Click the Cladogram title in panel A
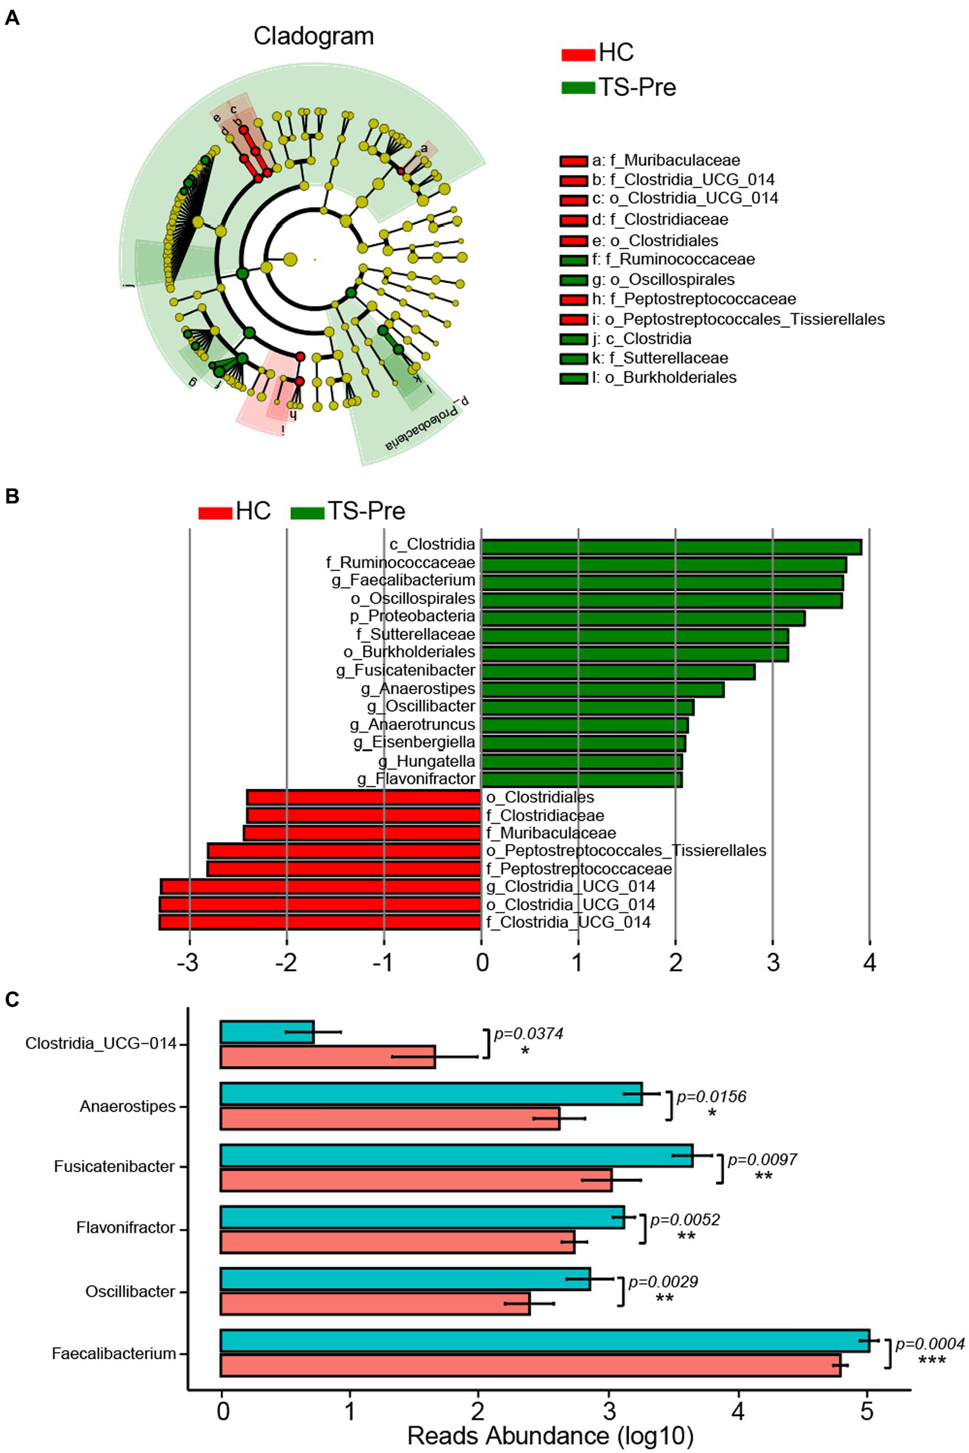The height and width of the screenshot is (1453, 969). (314, 36)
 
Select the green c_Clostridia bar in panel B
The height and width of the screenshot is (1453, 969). (671, 547)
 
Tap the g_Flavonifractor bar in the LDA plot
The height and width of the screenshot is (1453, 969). (581, 779)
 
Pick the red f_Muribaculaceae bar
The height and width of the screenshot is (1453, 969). (362, 833)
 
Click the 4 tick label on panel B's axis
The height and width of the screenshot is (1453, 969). (869, 963)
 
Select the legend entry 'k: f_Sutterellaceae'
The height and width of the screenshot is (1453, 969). (660, 358)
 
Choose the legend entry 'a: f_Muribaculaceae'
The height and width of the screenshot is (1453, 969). (665, 160)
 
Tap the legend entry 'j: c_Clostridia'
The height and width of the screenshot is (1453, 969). (641, 338)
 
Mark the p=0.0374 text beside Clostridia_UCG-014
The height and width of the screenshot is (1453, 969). (528, 1033)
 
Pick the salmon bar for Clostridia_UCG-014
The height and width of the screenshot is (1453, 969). (328, 1056)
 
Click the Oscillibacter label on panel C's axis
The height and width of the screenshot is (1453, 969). (130, 1291)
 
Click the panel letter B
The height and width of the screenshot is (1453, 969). (11, 496)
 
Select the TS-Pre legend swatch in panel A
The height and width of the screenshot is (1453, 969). (578, 87)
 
